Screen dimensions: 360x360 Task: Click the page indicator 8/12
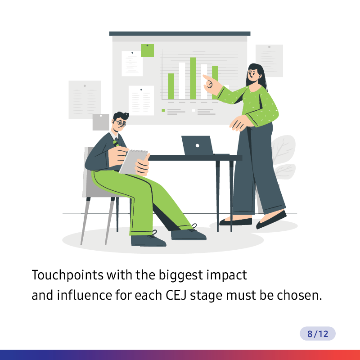point(318,333)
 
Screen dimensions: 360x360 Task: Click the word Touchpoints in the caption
point(67,275)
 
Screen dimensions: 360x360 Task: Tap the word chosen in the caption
point(299,295)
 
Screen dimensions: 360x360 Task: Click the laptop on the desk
point(198,145)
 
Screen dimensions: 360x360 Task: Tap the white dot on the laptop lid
point(197,145)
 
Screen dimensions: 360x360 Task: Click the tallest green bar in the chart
point(193,78)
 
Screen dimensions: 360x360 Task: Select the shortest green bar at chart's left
point(171,86)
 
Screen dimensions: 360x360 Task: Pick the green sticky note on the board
point(148,50)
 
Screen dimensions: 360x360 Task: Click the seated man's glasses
point(121,123)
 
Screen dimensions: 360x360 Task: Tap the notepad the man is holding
point(133,162)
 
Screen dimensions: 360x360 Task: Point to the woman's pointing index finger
point(207,77)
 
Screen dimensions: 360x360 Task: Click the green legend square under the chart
point(163,110)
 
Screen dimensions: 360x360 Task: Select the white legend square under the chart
point(193,110)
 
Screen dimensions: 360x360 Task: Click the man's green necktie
point(116,143)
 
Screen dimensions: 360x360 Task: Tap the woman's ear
point(260,76)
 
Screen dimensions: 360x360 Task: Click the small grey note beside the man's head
point(101,122)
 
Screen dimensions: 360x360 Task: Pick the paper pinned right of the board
point(269,61)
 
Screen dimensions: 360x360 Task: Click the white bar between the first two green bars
point(182,81)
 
